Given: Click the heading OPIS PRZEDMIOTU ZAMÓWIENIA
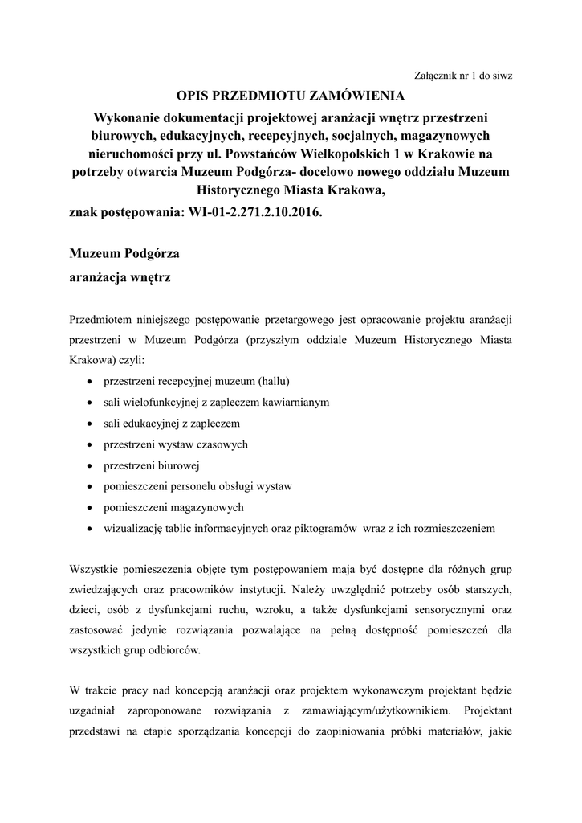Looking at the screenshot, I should click(x=290, y=96).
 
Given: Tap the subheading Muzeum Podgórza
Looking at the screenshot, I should click(x=124, y=255).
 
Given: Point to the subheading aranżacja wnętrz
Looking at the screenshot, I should click(x=120, y=279).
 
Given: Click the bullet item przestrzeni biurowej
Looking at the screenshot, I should click(x=152, y=465).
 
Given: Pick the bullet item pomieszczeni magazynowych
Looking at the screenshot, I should click(x=173, y=508).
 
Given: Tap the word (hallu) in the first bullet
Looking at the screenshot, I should click(x=273, y=380).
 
